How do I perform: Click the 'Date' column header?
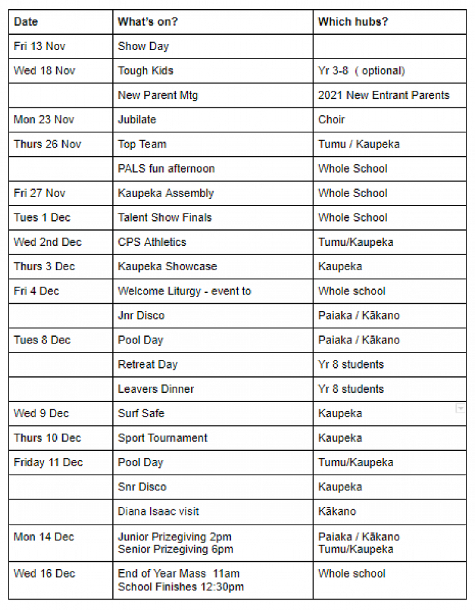[x=26, y=22]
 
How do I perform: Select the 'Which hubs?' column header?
[x=353, y=22]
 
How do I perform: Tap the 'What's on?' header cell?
[x=148, y=22]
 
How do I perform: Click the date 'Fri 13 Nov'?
[x=40, y=46]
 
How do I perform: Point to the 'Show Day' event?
[x=143, y=46]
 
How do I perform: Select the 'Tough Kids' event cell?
[x=145, y=71]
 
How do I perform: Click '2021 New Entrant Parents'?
[x=383, y=95]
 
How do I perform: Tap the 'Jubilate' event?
[x=137, y=120]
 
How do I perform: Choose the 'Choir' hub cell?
[x=332, y=120]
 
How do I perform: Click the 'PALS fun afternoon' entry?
[x=166, y=168]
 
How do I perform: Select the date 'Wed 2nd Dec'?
[x=48, y=242]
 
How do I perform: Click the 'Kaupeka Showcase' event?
[x=167, y=267]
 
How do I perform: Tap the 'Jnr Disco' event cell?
[x=141, y=315]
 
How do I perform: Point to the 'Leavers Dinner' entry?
[x=156, y=389]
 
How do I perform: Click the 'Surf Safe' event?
[x=141, y=413]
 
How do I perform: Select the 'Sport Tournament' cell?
[x=162, y=437]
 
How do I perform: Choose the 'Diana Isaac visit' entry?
[x=158, y=511]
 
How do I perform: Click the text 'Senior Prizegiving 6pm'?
[x=175, y=549]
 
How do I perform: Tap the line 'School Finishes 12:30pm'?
[x=181, y=587]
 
